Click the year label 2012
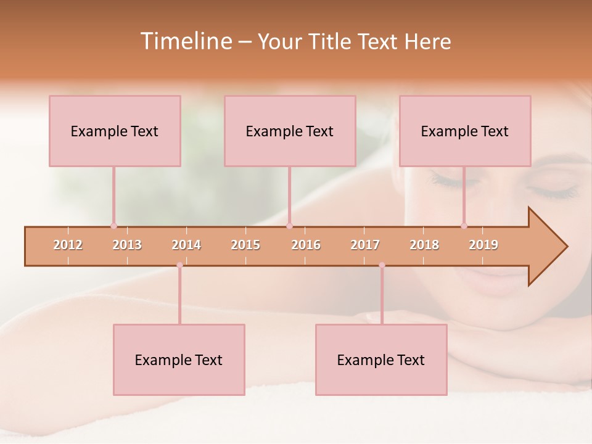point(68,245)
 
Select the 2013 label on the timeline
point(127,245)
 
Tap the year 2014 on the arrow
point(186,245)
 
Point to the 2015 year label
point(245,245)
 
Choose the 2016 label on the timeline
point(306,245)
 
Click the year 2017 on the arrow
point(365,245)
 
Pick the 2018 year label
point(424,245)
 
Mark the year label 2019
point(483,245)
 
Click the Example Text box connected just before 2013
point(115,131)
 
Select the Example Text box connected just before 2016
point(290,131)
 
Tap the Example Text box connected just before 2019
point(465,131)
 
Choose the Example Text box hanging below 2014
point(179,360)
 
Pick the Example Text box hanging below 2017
point(381,360)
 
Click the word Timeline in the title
point(186,41)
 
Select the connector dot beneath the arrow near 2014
point(179,265)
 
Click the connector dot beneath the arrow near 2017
point(382,265)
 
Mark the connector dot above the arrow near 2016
point(289,226)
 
